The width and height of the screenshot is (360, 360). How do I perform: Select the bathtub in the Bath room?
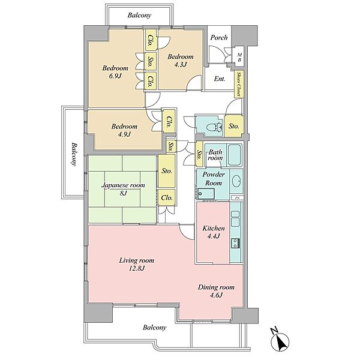click(234, 155)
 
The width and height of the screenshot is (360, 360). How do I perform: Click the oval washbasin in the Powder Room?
click(236, 181)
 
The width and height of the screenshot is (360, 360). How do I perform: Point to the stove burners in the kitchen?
click(236, 243)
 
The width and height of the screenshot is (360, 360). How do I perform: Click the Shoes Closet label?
click(239, 84)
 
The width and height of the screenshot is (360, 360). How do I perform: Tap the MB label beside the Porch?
click(239, 58)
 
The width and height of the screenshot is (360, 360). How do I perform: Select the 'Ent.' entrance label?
click(220, 79)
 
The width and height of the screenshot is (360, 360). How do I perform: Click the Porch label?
click(219, 37)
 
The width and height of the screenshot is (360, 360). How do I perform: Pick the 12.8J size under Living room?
click(137, 268)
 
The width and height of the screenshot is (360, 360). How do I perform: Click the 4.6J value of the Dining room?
click(216, 295)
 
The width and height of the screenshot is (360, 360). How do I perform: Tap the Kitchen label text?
click(214, 228)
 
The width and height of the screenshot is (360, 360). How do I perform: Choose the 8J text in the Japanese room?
click(123, 193)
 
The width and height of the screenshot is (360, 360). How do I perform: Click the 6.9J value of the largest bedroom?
click(115, 76)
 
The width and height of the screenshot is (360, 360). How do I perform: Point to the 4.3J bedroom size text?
click(180, 65)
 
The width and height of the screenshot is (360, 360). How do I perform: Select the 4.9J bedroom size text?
click(124, 134)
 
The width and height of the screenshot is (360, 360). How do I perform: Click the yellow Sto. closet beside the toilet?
click(234, 126)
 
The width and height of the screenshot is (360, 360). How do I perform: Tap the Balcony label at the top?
click(139, 16)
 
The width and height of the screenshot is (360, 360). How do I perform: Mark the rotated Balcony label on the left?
click(74, 154)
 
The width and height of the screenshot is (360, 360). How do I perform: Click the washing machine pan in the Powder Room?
click(206, 194)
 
